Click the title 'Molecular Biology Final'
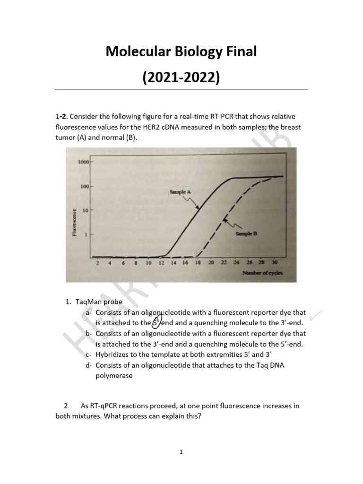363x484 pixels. click(x=181, y=51)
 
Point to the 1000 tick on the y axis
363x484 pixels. click(x=83, y=162)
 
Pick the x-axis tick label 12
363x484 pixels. click(x=161, y=262)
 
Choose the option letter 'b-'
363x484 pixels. click(x=89, y=334)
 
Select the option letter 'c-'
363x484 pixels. click(x=89, y=354)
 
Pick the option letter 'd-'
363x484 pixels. click(x=89, y=365)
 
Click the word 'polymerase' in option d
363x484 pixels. click(x=115, y=376)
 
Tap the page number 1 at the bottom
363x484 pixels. click(x=181, y=452)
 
